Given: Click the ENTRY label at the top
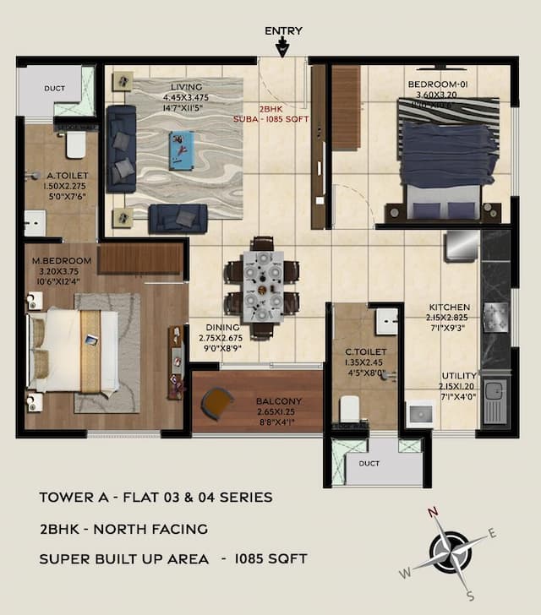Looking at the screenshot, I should coord(283,31).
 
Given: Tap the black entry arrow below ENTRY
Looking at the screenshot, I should coord(283,47).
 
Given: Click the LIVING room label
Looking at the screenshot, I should coord(186,86).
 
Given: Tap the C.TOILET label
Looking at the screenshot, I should coord(365,351).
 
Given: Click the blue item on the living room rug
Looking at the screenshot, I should coord(180,146).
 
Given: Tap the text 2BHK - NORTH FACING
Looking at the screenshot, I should coord(123,529).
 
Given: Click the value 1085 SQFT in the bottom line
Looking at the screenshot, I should coord(270,558).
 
